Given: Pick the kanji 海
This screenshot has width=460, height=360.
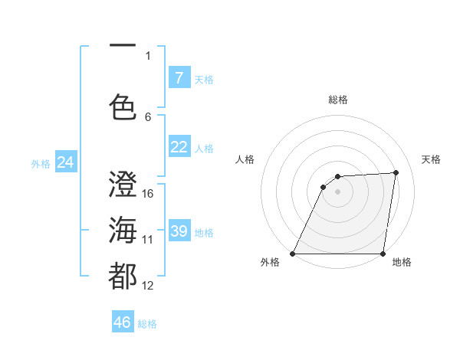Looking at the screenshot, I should [x=123, y=231].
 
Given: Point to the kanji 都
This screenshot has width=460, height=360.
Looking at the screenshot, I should [x=123, y=277].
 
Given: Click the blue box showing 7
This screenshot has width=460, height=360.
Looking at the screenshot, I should [x=179, y=77].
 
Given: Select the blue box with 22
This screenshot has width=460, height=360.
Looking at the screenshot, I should [x=179, y=147].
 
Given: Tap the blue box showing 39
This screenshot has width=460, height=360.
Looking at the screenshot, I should [x=179, y=231].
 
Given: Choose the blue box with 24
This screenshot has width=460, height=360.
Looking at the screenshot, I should [x=65, y=162].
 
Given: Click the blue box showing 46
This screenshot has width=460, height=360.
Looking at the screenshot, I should [x=123, y=322].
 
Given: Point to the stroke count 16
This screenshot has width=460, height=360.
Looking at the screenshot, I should [x=148, y=194].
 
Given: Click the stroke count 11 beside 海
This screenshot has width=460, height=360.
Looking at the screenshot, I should [x=148, y=240].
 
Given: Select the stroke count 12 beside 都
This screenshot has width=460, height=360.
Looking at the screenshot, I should [x=148, y=286].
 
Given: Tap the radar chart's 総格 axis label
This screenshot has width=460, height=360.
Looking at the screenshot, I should [x=338, y=100].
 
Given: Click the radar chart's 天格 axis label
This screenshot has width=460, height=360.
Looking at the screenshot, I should [x=431, y=159].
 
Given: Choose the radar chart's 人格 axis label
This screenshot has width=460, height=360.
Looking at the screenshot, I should [x=245, y=159].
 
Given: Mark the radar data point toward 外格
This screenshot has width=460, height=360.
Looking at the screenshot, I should [x=293, y=253].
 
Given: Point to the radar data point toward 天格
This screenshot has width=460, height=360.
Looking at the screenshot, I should [x=396, y=172].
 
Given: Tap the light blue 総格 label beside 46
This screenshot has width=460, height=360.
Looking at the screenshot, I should [x=147, y=324].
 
